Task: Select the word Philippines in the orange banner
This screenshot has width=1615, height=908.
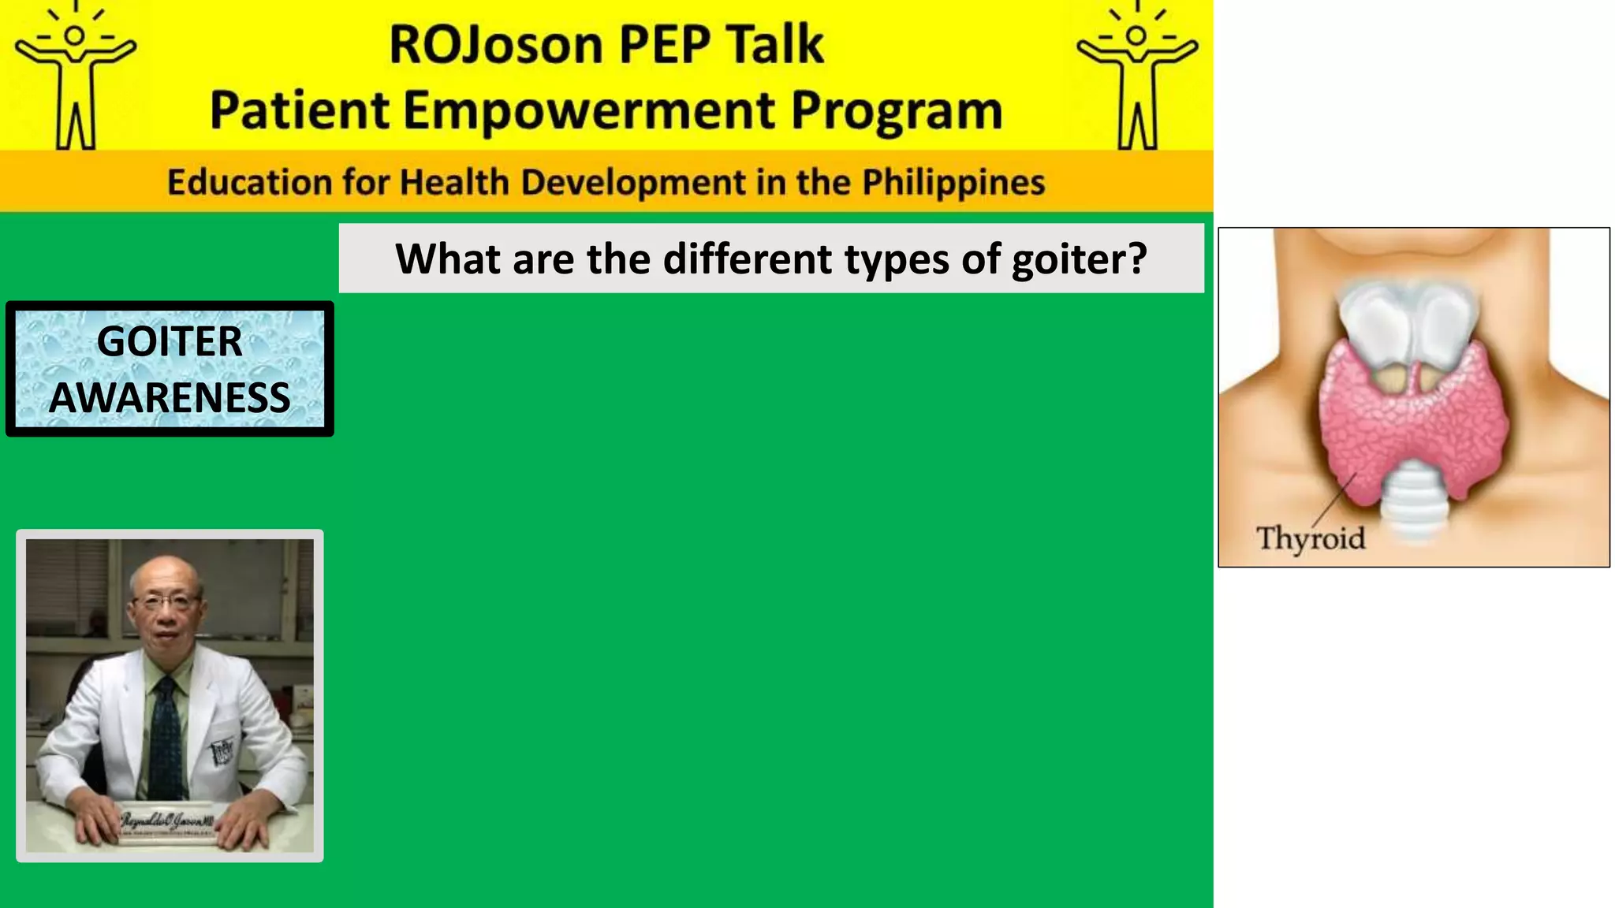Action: tap(953, 182)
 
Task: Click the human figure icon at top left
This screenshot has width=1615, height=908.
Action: tap(76, 77)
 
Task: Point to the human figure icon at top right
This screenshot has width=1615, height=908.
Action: tap(1136, 77)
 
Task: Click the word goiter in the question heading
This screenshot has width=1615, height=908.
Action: tap(1078, 259)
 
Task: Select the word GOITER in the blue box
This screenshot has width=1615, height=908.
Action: tap(170, 341)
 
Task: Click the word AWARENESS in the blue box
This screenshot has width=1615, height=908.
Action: tap(170, 397)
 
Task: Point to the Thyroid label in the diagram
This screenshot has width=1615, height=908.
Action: tap(1310, 538)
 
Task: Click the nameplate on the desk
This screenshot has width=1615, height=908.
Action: tap(166, 824)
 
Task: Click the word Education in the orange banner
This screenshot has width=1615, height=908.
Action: tap(248, 182)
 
